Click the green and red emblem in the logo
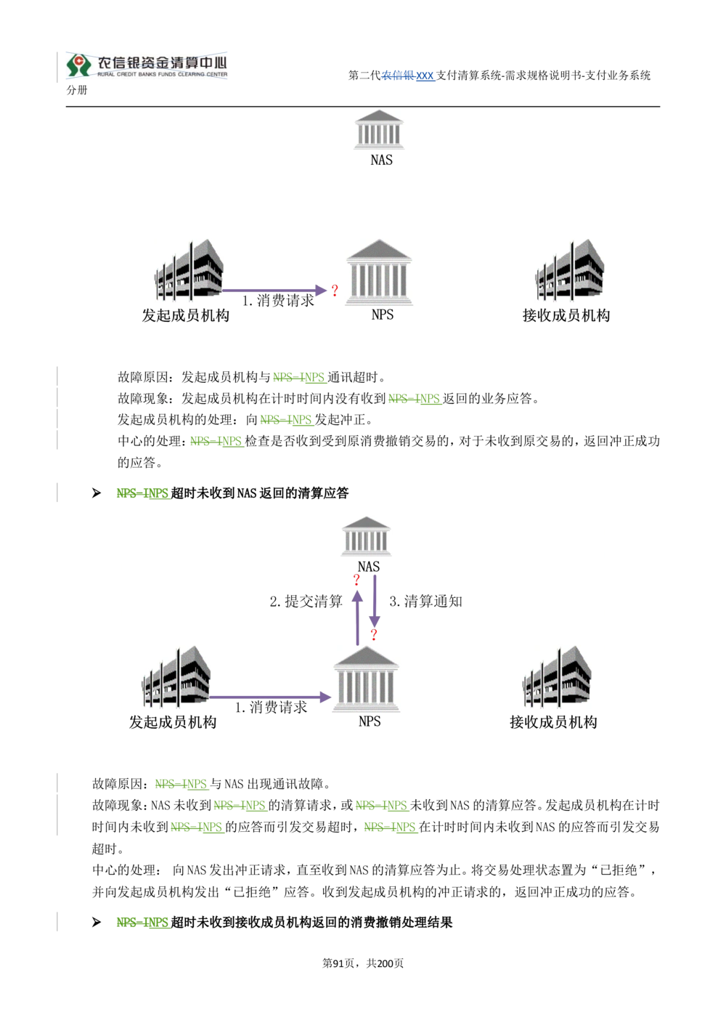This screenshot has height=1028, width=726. click(x=77, y=65)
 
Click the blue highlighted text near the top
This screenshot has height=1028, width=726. click(x=409, y=76)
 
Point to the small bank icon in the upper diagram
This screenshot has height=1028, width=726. click(x=377, y=129)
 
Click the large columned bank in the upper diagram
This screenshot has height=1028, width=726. click(x=381, y=270)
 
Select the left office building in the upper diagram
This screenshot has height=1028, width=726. click(x=188, y=270)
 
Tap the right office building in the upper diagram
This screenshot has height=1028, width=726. click(x=571, y=270)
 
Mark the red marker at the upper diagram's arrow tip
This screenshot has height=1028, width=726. click(x=335, y=291)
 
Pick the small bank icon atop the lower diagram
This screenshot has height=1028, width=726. click(x=366, y=534)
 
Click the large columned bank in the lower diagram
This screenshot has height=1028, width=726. click(x=369, y=676)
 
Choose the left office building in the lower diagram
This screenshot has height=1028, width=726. click(x=176, y=676)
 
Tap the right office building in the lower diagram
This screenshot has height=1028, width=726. click(x=554, y=676)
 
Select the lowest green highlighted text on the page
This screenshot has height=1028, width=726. click(x=143, y=923)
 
